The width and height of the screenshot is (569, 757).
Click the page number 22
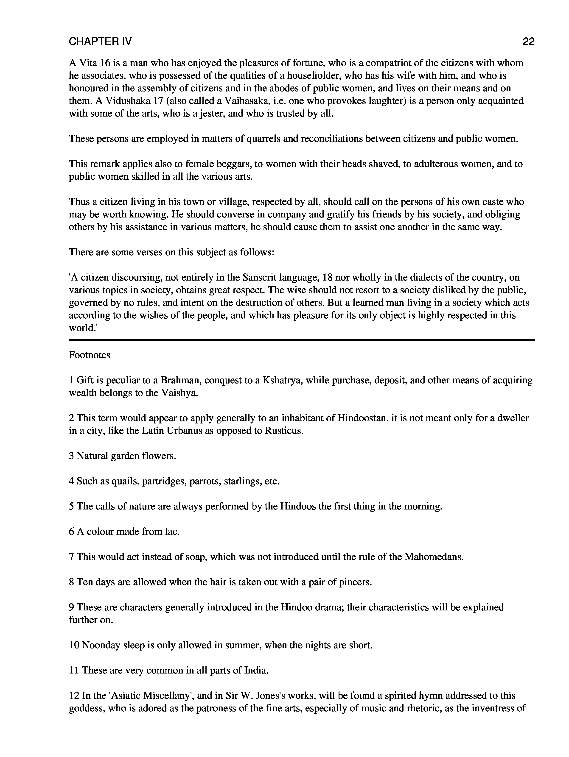tap(528, 42)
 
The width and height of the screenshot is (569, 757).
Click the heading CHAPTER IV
tap(100, 42)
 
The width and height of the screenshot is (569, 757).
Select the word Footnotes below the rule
tap(89, 355)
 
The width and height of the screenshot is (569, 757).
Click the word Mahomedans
tap(433, 557)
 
